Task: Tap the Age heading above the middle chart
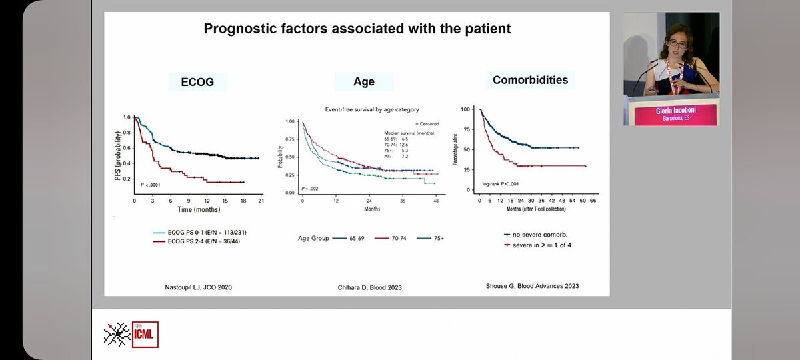[363, 82]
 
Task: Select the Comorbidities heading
[530, 80]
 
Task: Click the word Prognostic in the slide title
[244, 29]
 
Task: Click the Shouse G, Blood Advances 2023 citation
[531, 286]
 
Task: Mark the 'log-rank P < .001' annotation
[501, 183]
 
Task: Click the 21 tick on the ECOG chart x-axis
[261, 200]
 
